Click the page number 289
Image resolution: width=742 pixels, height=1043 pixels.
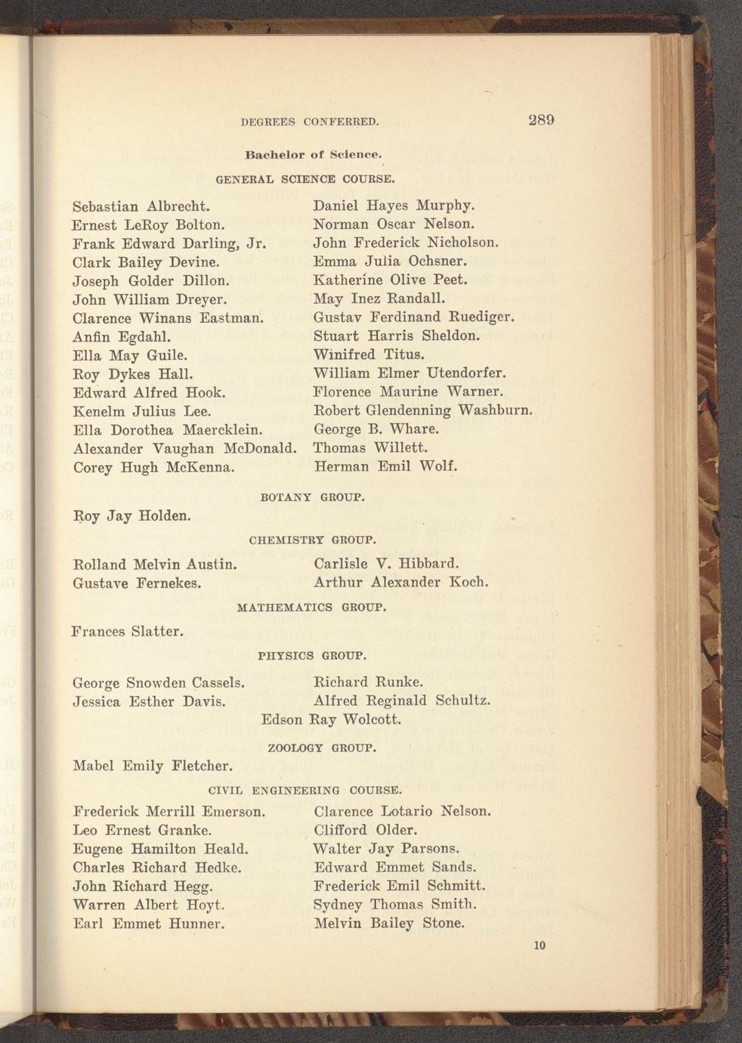coord(542,120)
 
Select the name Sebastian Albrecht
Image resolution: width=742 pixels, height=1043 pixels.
coord(141,206)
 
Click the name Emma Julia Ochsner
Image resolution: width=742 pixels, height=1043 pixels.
coord(390,262)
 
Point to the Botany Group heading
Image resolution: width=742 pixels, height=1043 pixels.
coord(312,498)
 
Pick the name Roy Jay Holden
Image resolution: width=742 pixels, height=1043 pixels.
coord(131,516)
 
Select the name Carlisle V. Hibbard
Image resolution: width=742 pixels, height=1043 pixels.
coord(386,564)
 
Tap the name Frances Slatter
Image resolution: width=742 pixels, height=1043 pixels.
coord(128,630)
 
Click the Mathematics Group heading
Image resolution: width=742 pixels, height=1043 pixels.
coord(312,607)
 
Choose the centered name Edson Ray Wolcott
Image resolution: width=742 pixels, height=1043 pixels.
coord(331,720)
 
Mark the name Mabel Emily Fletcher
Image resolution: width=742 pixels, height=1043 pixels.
coord(151,766)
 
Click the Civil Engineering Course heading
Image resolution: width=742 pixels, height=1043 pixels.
coord(305,791)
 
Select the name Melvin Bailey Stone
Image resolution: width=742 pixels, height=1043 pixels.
coord(389,923)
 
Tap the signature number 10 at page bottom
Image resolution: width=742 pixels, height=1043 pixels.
coord(539,946)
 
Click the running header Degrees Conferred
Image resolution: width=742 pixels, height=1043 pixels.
coord(310,122)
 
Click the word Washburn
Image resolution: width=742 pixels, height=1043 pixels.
coord(496,411)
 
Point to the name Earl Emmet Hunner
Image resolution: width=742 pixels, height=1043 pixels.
coord(149,924)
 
